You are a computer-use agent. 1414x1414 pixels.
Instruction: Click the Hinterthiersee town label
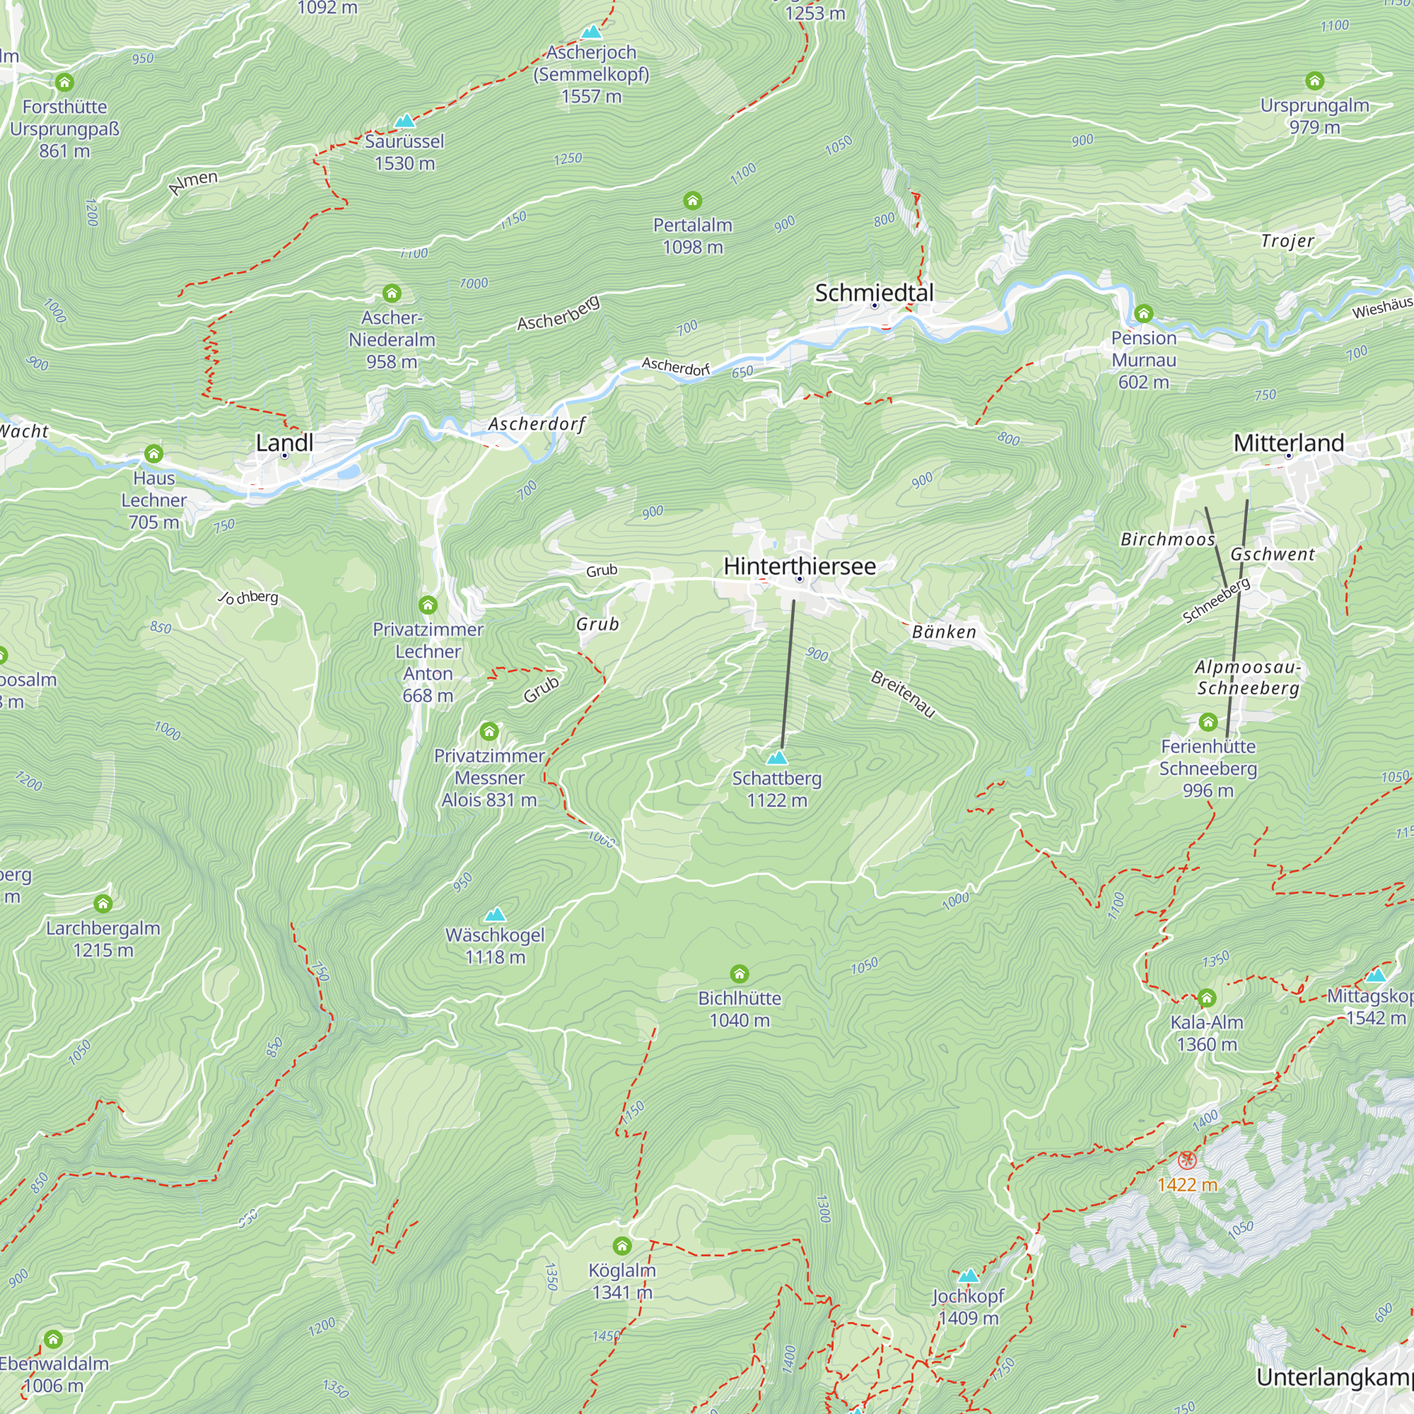[799, 566]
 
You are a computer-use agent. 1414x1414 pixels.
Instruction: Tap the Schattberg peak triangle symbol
[777, 756]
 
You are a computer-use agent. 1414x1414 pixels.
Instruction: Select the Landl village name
[285, 442]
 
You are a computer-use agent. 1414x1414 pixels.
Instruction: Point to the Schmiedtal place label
[874, 293]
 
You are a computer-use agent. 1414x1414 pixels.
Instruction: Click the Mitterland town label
[1288, 442]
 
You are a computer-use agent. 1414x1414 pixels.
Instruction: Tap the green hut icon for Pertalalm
[692, 201]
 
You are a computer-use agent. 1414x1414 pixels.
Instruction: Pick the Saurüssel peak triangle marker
[404, 121]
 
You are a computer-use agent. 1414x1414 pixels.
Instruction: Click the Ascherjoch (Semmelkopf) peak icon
[591, 33]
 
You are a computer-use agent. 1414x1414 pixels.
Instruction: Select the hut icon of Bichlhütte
[740, 974]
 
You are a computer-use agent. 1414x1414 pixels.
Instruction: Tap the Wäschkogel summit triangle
[496, 914]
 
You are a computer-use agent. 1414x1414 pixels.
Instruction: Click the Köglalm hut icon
[622, 1246]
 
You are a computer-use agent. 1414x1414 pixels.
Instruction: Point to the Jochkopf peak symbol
[969, 1275]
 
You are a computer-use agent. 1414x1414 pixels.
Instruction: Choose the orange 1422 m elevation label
[1187, 1184]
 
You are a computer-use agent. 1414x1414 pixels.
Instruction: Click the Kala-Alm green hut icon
[1207, 998]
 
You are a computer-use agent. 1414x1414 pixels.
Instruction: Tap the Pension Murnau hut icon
[1143, 314]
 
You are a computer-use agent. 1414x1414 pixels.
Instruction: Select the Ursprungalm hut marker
[1314, 81]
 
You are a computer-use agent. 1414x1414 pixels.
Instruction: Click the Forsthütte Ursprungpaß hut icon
[64, 82]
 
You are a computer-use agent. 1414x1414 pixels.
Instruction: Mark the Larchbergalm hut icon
[103, 903]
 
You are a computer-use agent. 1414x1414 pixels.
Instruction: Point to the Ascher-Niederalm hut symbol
[392, 293]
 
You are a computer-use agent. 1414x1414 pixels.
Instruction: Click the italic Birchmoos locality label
[1167, 539]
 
